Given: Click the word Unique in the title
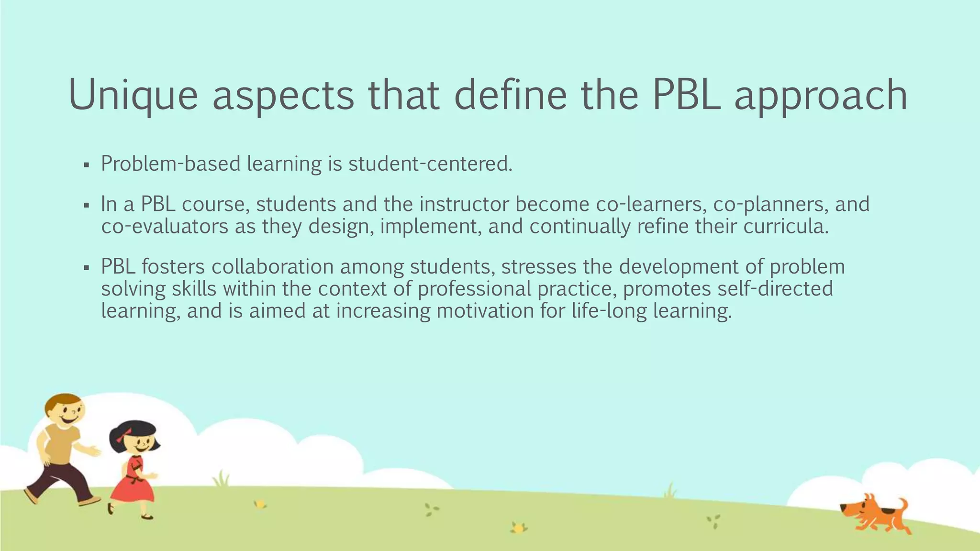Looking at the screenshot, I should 133,95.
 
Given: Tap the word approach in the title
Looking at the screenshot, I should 820,95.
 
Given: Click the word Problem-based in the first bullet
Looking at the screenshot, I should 171,164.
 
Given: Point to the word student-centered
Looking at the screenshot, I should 430,164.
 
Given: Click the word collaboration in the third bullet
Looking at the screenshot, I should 273,266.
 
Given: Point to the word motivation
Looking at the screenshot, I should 485,310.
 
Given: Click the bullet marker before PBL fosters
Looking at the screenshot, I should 86,268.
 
